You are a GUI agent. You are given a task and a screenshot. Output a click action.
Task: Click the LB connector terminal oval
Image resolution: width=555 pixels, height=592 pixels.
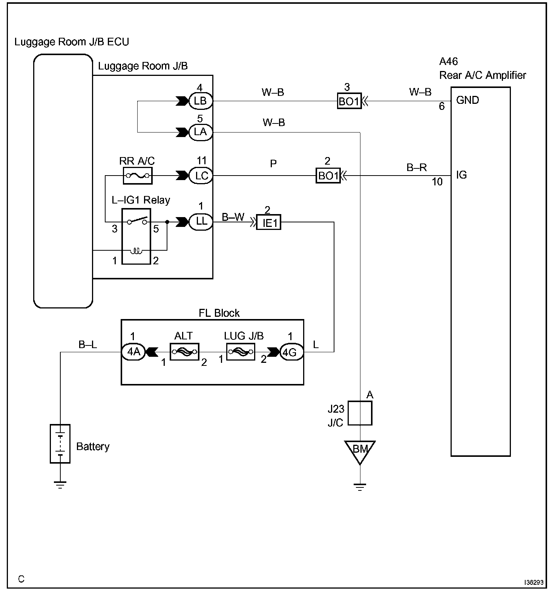pos(200,101)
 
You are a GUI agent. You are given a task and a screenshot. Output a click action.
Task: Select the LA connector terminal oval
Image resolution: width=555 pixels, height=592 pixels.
pos(200,132)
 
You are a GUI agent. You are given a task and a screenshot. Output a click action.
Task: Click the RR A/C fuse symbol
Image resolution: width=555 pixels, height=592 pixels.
pos(138,176)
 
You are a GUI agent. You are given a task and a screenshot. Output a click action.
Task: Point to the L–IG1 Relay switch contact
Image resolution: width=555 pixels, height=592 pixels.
pos(136,221)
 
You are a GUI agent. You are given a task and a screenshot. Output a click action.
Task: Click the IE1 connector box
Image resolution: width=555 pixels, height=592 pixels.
pos(269,222)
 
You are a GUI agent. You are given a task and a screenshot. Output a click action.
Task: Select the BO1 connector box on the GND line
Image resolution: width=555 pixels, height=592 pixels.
pos(349,101)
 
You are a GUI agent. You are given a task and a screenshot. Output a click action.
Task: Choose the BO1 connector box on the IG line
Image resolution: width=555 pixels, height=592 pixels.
pos(328,176)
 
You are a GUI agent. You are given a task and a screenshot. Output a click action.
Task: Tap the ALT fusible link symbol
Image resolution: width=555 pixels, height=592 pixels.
pos(184,352)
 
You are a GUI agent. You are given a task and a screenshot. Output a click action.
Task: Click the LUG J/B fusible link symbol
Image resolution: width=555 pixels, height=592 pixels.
pos(241,352)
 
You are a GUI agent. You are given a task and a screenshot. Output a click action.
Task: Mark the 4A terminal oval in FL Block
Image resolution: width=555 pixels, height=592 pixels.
pos(133,352)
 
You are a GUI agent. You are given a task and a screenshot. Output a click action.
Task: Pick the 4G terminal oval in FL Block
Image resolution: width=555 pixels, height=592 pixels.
pos(291,352)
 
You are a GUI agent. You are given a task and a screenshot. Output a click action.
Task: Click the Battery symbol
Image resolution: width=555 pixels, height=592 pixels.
pos(60,443)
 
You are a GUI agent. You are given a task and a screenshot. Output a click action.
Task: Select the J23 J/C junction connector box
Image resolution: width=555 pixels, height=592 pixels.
pos(360,413)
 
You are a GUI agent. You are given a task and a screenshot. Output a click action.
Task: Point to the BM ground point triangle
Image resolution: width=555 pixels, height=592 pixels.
pos(360,451)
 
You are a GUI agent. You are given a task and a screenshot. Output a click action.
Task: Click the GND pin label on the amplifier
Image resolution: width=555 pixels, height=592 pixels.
pos(468,100)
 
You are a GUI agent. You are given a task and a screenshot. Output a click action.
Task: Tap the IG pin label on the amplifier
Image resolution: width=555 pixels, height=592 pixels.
pos(461,175)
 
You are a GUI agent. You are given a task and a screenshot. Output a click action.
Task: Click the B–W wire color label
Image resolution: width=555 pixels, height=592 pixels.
pos(233,217)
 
